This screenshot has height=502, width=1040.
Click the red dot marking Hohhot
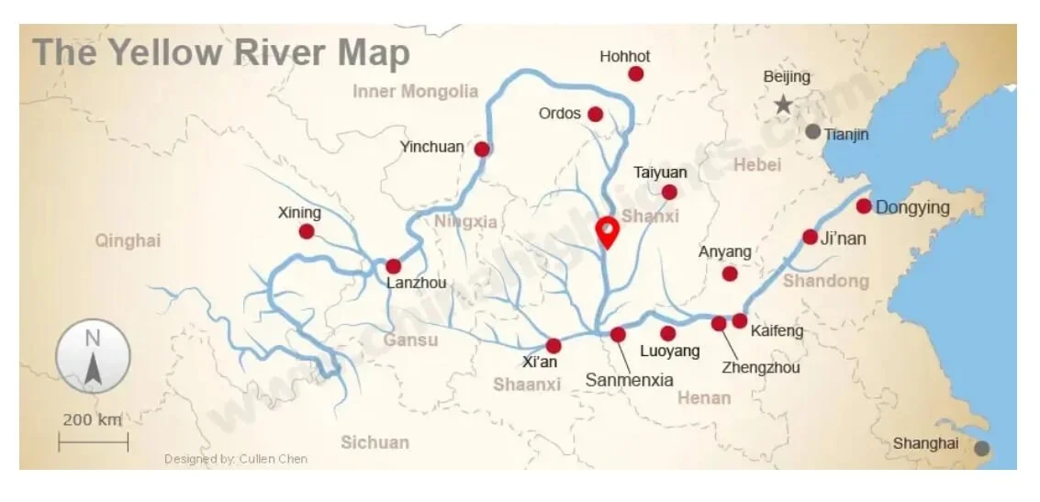[635, 73]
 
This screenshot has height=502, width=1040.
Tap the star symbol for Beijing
[782, 105]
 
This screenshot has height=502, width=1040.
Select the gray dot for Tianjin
[812, 131]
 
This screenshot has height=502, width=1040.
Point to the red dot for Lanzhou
[393, 265]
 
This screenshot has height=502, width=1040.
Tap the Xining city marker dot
[307, 231]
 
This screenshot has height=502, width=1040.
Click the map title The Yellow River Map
[221, 53]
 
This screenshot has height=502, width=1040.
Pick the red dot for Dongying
[864, 206]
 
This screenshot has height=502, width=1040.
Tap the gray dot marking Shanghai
[981, 449]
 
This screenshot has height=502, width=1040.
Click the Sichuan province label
[375, 442]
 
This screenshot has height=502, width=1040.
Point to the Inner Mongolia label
[415, 91]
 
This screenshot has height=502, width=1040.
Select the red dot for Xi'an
[554, 345]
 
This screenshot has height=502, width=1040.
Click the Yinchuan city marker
[482, 149]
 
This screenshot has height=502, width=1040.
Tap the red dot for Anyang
[730, 273]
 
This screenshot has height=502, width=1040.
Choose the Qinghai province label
[128, 240]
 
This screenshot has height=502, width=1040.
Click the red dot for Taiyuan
[669, 192]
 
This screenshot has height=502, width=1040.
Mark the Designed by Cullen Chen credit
[236, 459]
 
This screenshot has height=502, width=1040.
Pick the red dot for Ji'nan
[810, 237]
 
